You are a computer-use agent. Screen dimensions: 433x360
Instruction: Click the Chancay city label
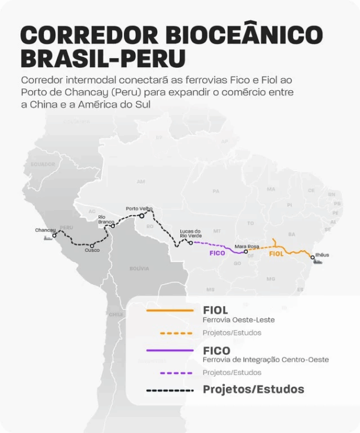click(45, 230)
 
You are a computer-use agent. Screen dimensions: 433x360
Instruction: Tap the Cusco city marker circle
click(93, 245)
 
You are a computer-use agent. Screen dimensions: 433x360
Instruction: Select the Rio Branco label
click(106, 219)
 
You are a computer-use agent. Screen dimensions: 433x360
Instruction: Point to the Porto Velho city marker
click(142, 215)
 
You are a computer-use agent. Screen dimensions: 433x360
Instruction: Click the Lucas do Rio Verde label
click(190, 234)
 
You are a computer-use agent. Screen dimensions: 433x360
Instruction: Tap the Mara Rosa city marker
click(246, 251)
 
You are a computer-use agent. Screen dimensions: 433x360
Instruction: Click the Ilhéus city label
click(321, 255)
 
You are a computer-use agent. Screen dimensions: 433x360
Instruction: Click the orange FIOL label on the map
click(276, 253)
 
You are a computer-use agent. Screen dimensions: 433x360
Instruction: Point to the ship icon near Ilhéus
click(318, 262)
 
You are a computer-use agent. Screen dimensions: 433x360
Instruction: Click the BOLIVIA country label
click(139, 269)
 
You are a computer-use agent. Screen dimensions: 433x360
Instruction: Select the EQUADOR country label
click(43, 164)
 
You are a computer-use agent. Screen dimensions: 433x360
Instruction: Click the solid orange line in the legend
click(170, 310)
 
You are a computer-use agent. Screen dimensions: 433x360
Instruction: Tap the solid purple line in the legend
click(170, 351)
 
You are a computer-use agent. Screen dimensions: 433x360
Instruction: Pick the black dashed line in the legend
click(170, 390)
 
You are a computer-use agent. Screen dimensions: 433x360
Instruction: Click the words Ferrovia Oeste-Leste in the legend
click(238, 320)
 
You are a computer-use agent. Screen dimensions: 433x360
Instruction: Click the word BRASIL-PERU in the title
click(103, 59)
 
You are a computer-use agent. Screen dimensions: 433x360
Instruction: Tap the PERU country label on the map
click(66, 228)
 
